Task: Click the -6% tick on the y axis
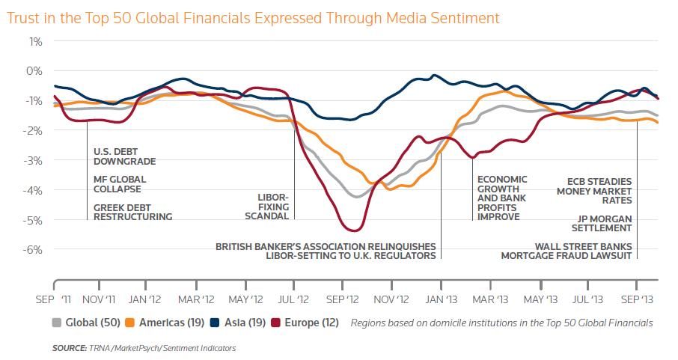tap(32, 250)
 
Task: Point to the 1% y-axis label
tap(35, 42)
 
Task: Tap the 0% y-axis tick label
tap(34, 71)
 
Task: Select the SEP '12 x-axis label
tap(343, 299)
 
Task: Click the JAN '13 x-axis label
tap(441, 299)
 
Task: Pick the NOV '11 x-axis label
tap(99, 299)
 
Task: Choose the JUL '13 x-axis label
tap(587, 299)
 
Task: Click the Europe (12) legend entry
tap(305, 323)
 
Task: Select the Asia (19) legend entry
tap(238, 323)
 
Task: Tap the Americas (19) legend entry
tap(165, 323)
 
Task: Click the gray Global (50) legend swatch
tap(57, 323)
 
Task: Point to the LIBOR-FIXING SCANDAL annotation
tap(267, 207)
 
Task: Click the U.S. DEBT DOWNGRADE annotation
tap(124, 156)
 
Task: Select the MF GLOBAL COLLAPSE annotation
tap(120, 184)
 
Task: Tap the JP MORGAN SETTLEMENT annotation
tap(602, 223)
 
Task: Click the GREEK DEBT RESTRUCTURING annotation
tap(132, 212)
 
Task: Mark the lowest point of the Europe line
tap(354, 231)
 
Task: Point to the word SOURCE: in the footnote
tap(70, 348)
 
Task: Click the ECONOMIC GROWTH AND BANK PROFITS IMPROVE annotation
tap(502, 198)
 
